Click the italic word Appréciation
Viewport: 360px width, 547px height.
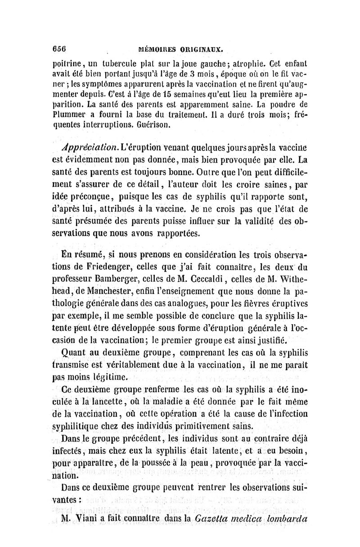point(90,148)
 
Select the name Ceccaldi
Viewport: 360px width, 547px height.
point(225,276)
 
